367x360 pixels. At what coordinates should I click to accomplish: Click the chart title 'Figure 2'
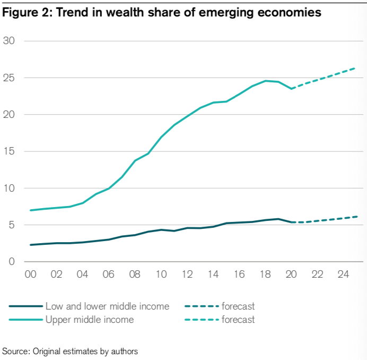coord(24,13)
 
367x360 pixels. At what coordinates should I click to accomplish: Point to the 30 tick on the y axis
coord(9,41)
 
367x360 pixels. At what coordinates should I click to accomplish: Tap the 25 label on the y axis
coord(9,78)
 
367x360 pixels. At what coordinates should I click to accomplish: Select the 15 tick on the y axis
coord(9,151)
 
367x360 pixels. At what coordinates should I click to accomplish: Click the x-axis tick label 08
coord(135,276)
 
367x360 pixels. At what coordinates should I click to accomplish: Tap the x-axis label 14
coord(212,276)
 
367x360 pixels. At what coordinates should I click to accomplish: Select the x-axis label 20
coord(291,276)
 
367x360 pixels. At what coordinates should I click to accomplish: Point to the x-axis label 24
coord(343,276)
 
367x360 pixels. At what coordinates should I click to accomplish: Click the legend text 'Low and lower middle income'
coord(108,306)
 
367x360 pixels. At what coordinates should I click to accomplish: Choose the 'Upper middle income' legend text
coord(90,320)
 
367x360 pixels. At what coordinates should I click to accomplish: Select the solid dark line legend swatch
coord(25,306)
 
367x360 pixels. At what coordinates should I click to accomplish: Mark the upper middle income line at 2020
coord(291,89)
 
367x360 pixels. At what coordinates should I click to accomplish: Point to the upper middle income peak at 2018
coord(266,81)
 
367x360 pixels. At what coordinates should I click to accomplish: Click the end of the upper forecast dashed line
coord(355,68)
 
